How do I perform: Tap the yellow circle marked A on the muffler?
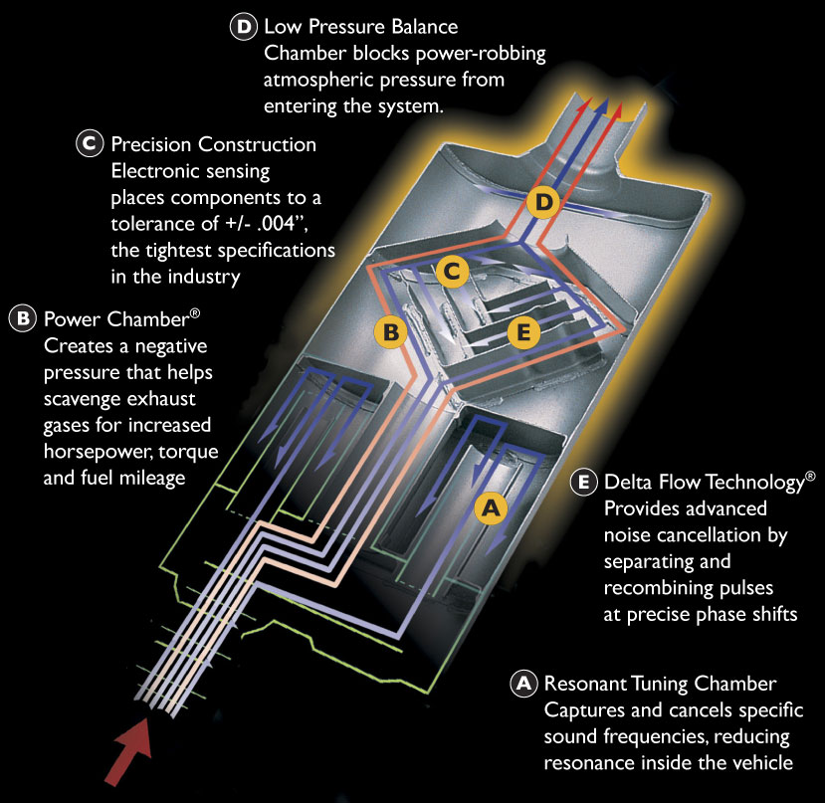coord(491,508)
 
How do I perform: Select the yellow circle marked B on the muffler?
coord(390,332)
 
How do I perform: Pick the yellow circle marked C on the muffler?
coord(452,272)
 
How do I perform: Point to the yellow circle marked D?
coord(543,202)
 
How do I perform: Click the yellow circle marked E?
coord(523,332)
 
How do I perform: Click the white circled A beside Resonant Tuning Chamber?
coord(523,683)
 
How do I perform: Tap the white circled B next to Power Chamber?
coord(23,318)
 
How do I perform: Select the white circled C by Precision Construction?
coord(90,143)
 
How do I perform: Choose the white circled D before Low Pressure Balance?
coord(244,26)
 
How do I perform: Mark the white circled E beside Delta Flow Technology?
coord(583,482)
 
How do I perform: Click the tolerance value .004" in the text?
coord(282,223)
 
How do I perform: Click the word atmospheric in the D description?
coord(318,80)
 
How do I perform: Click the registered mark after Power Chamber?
coord(195,313)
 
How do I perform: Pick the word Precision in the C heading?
coord(151,144)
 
